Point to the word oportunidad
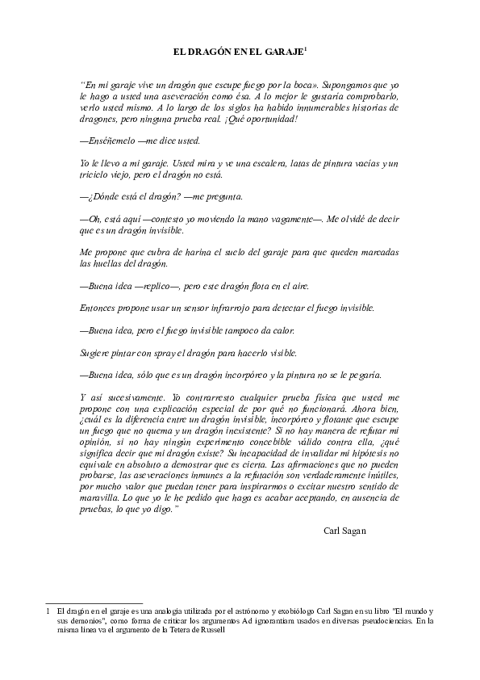(x=270, y=119)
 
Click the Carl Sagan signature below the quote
(x=344, y=531)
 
